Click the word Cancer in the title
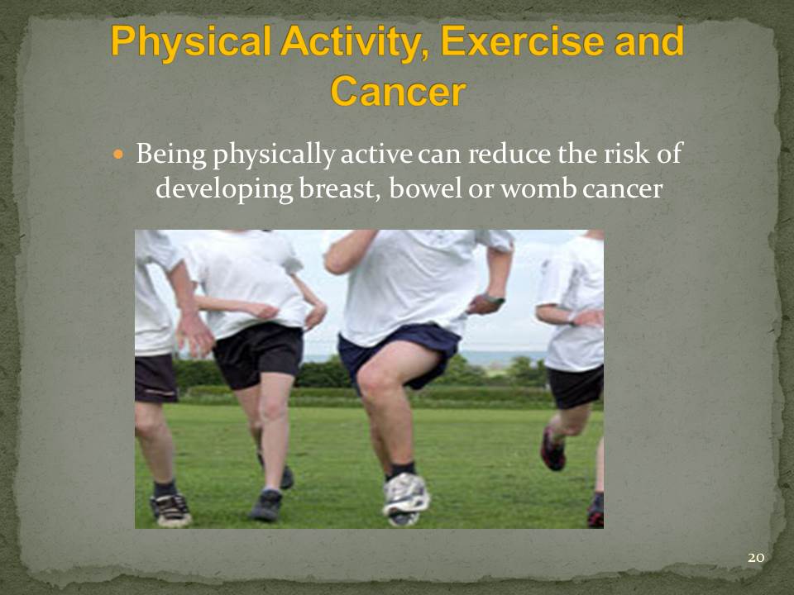398,92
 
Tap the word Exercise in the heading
522,41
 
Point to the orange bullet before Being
118,154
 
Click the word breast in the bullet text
339,189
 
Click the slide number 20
755,558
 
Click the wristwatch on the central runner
493,299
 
